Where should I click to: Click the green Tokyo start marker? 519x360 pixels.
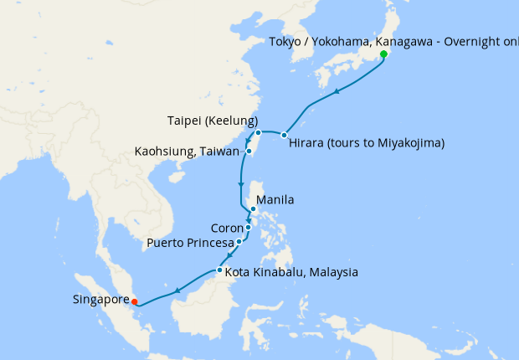pos(383,54)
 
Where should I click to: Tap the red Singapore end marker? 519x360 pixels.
pos(135,301)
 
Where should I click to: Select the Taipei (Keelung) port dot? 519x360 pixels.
pos(259,133)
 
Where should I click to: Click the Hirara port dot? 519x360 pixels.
pos(285,135)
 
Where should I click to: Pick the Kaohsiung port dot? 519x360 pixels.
pos(249,152)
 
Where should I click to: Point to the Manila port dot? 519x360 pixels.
pos(253,209)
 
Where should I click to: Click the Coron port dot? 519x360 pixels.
pos(249,227)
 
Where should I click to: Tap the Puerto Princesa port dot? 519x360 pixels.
pos(239,241)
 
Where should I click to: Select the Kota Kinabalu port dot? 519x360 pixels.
pos(219,270)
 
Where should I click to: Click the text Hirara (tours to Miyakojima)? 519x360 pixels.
pos(366,143)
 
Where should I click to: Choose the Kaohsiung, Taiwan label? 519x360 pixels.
pos(188,152)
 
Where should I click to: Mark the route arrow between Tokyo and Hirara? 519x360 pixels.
pos(337,92)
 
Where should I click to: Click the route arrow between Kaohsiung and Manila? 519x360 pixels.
pos(241,184)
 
